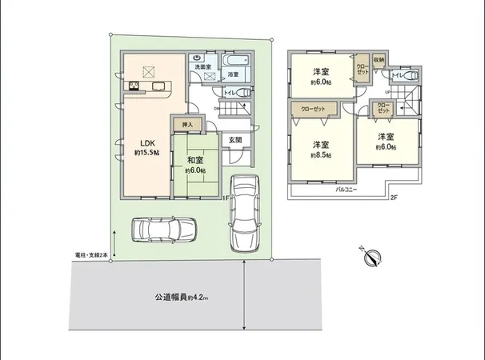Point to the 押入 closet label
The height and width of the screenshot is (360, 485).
point(188,125)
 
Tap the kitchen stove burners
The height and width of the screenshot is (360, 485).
point(134,86)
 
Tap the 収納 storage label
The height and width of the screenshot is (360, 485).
point(379,59)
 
